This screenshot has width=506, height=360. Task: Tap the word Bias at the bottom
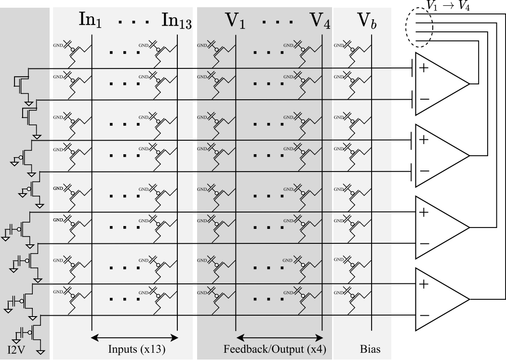point(370,350)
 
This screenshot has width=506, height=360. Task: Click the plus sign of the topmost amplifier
point(424,68)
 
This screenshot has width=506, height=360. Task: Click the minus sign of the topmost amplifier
point(424,99)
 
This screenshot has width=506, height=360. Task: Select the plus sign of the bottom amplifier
point(424,284)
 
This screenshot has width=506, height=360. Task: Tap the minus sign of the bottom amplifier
point(424,315)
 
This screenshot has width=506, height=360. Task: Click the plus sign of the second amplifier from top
point(424,140)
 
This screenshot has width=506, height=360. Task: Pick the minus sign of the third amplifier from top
point(424,243)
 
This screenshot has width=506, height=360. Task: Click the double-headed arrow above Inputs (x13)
point(135,338)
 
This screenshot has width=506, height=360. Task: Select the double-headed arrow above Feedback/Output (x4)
point(280,338)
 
